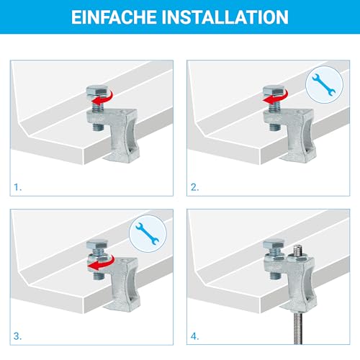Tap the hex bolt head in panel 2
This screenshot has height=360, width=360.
click(x=272, y=92)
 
